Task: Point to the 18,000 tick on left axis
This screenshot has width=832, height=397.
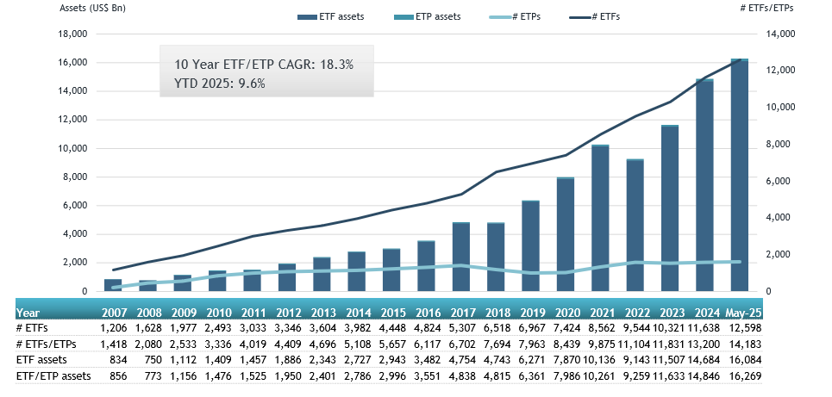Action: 72,34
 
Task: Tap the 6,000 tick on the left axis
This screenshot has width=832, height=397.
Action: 75,206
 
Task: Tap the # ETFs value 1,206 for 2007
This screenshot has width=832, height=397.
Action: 116,328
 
